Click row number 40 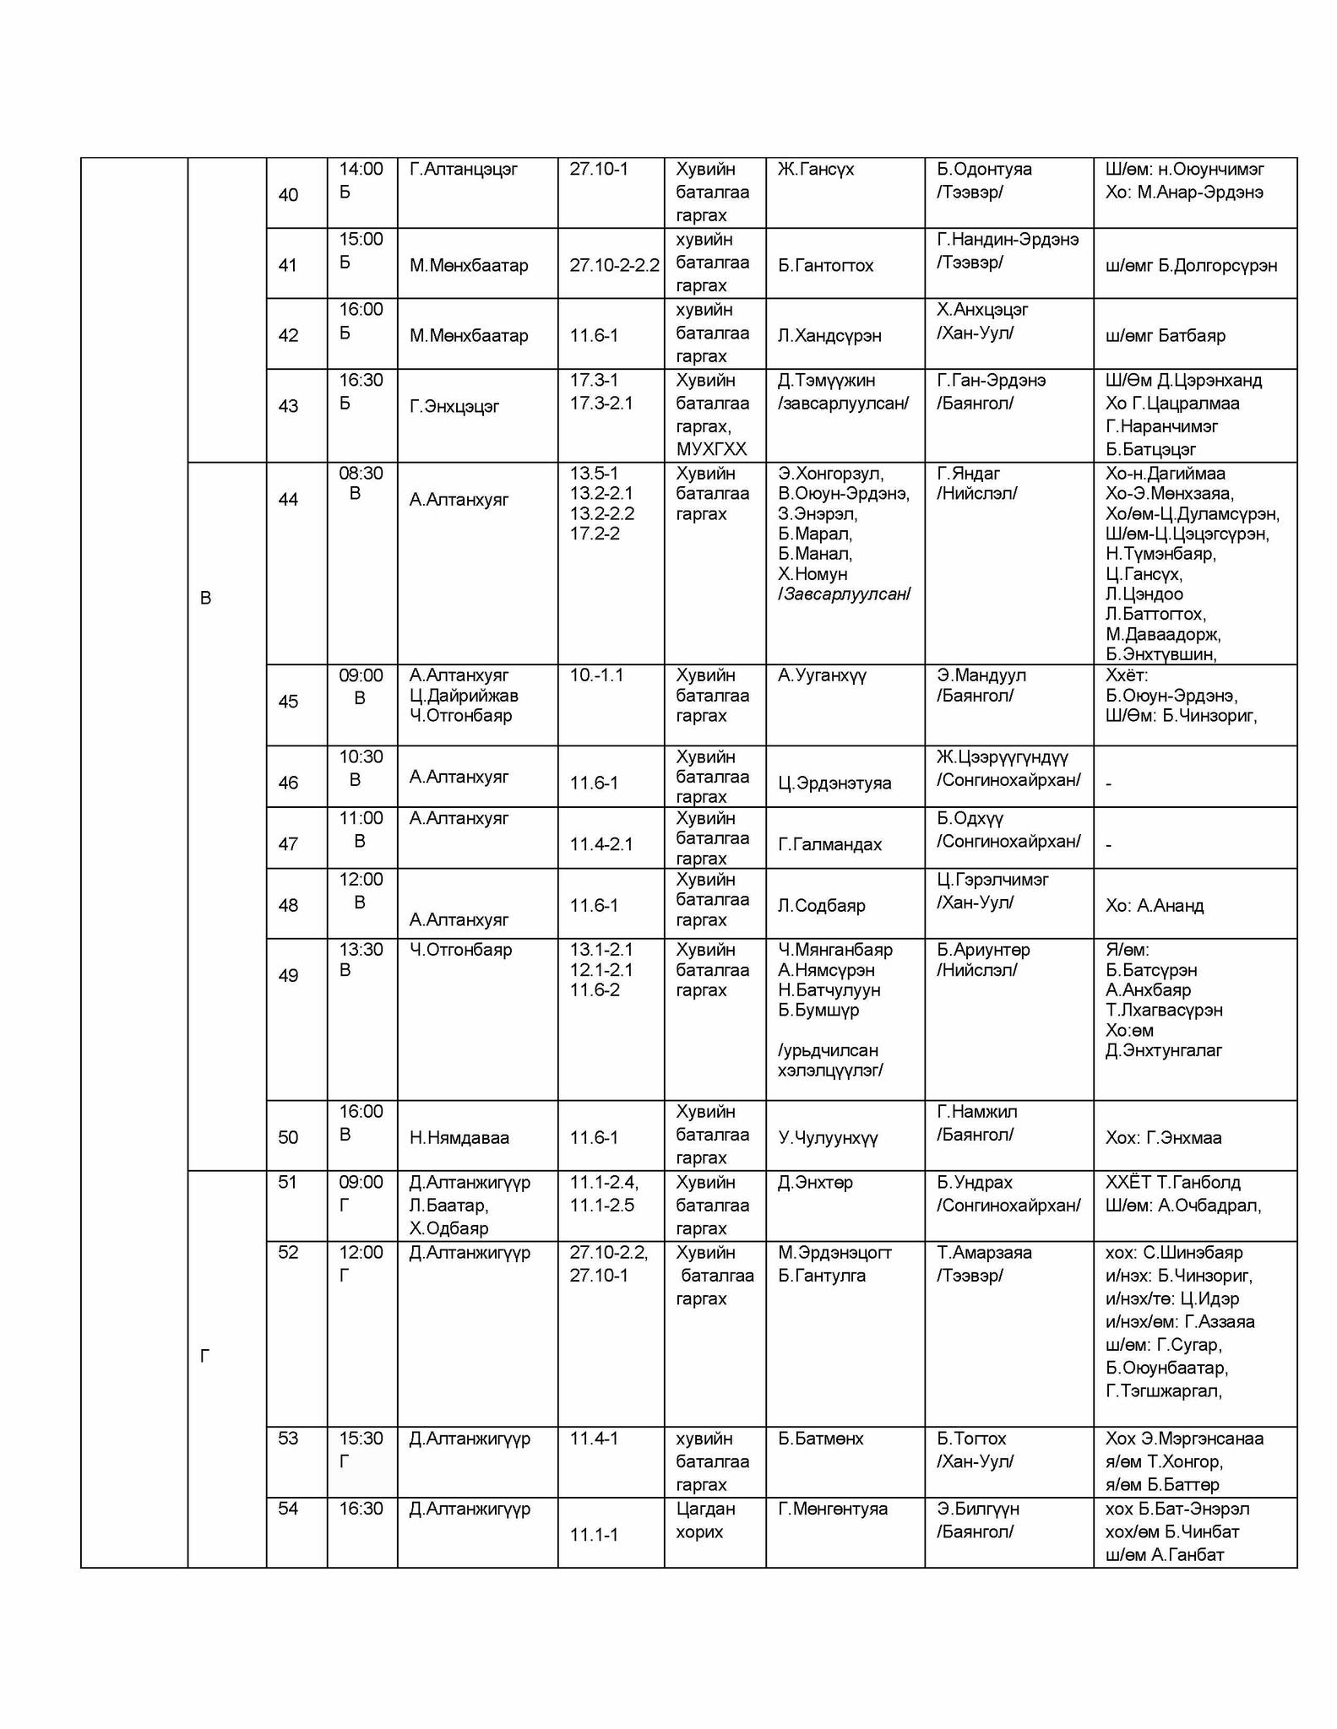(x=288, y=195)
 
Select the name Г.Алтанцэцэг (x=464, y=169)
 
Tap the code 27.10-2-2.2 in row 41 (x=614, y=265)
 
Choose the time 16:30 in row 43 (x=361, y=380)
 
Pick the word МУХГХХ (x=711, y=449)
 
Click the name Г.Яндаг (x=968, y=473)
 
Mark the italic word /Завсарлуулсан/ (x=844, y=594)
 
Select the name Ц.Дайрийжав (x=464, y=696)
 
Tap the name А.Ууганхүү (x=822, y=675)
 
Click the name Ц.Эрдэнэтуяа (x=834, y=783)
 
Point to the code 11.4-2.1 (x=601, y=844)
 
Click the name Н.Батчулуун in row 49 (x=829, y=989)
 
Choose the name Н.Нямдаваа (x=459, y=1137)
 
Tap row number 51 (x=288, y=1182)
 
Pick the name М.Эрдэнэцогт (x=834, y=1252)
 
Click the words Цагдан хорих (x=705, y=1520)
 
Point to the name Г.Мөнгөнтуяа (x=833, y=1509)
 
